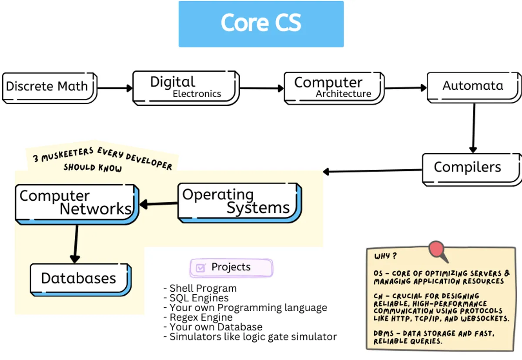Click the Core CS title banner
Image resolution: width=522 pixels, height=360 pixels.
coord(261,24)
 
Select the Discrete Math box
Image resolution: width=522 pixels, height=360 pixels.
coord(49,87)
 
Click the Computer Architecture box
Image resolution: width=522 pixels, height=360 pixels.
coord(333,88)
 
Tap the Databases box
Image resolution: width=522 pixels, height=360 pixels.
coord(79,279)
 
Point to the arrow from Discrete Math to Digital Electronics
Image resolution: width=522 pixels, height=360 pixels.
coord(115,88)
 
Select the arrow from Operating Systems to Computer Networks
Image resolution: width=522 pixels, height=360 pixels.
coord(159,203)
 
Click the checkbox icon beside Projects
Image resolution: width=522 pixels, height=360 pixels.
coord(201,268)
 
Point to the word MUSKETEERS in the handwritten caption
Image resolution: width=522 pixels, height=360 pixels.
coord(67,154)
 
